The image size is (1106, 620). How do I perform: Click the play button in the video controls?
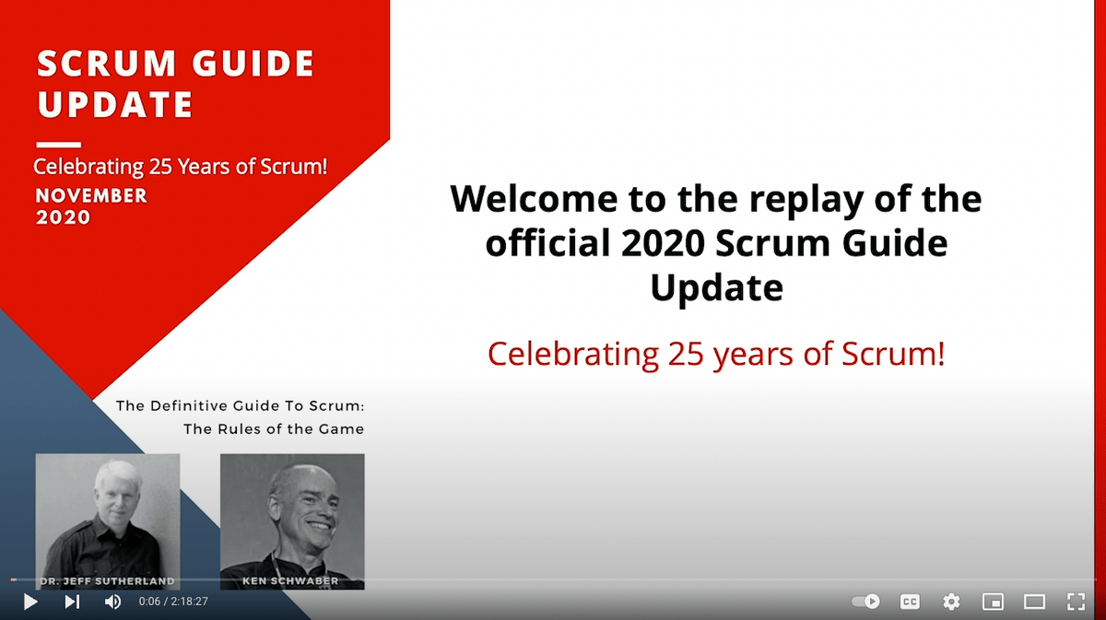click(x=30, y=602)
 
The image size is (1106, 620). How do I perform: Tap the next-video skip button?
click(x=72, y=602)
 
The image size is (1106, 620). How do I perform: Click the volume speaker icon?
click(x=112, y=602)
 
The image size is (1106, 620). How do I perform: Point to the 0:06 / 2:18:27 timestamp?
click(x=173, y=602)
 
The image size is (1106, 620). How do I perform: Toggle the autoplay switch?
click(x=865, y=602)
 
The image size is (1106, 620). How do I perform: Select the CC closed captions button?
click(x=910, y=602)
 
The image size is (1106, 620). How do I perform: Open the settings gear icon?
click(x=951, y=602)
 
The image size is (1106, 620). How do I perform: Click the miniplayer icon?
click(x=993, y=602)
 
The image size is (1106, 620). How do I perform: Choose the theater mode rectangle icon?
click(x=1034, y=602)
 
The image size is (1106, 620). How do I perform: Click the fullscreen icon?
click(x=1076, y=602)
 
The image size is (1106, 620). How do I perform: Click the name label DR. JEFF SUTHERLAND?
click(x=107, y=581)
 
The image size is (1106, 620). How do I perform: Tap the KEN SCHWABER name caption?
click(x=292, y=581)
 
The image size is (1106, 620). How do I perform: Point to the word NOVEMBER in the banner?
click(x=91, y=195)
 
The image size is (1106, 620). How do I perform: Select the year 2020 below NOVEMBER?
click(x=64, y=217)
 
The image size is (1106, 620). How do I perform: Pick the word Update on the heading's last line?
click(x=716, y=288)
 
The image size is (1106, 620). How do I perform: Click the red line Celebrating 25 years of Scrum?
click(x=716, y=354)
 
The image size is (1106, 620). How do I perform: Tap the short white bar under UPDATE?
click(x=58, y=145)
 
